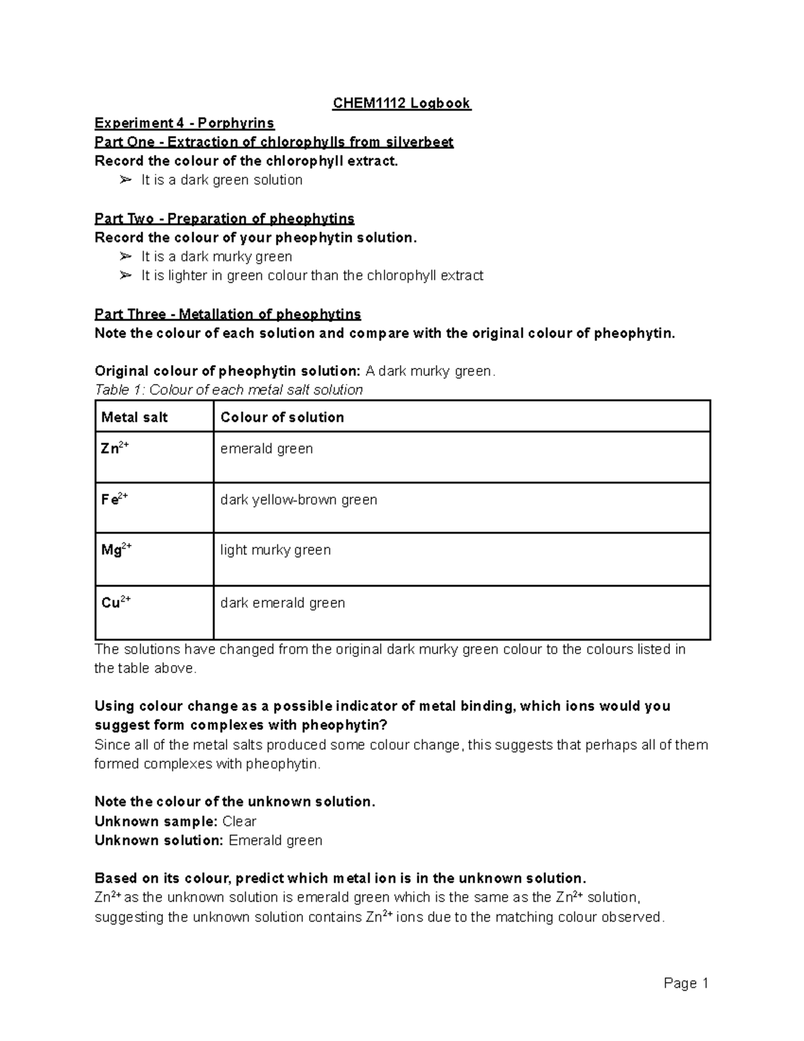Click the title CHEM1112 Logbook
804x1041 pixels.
pyautogui.click(x=402, y=103)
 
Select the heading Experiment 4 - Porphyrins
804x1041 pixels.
pyautogui.click(x=184, y=123)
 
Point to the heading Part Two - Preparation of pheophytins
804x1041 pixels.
pyautogui.click(x=224, y=219)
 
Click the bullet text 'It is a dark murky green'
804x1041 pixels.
pyautogui.click(x=216, y=257)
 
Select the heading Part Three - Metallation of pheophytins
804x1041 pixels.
pyautogui.click(x=228, y=314)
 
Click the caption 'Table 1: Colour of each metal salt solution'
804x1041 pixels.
pyautogui.click(x=228, y=390)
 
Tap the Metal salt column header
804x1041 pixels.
pyautogui.click(x=134, y=418)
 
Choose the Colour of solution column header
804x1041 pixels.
pyautogui.click(x=282, y=418)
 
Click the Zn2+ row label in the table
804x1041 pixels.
pyautogui.click(x=115, y=448)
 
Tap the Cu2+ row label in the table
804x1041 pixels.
pyautogui.click(x=115, y=603)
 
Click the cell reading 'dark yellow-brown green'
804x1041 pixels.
pyautogui.click(x=299, y=500)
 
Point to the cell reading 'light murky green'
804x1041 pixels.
pyautogui.click(x=275, y=550)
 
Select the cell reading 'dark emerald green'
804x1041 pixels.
pyautogui.click(x=283, y=603)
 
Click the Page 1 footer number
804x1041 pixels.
pyautogui.click(x=686, y=983)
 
